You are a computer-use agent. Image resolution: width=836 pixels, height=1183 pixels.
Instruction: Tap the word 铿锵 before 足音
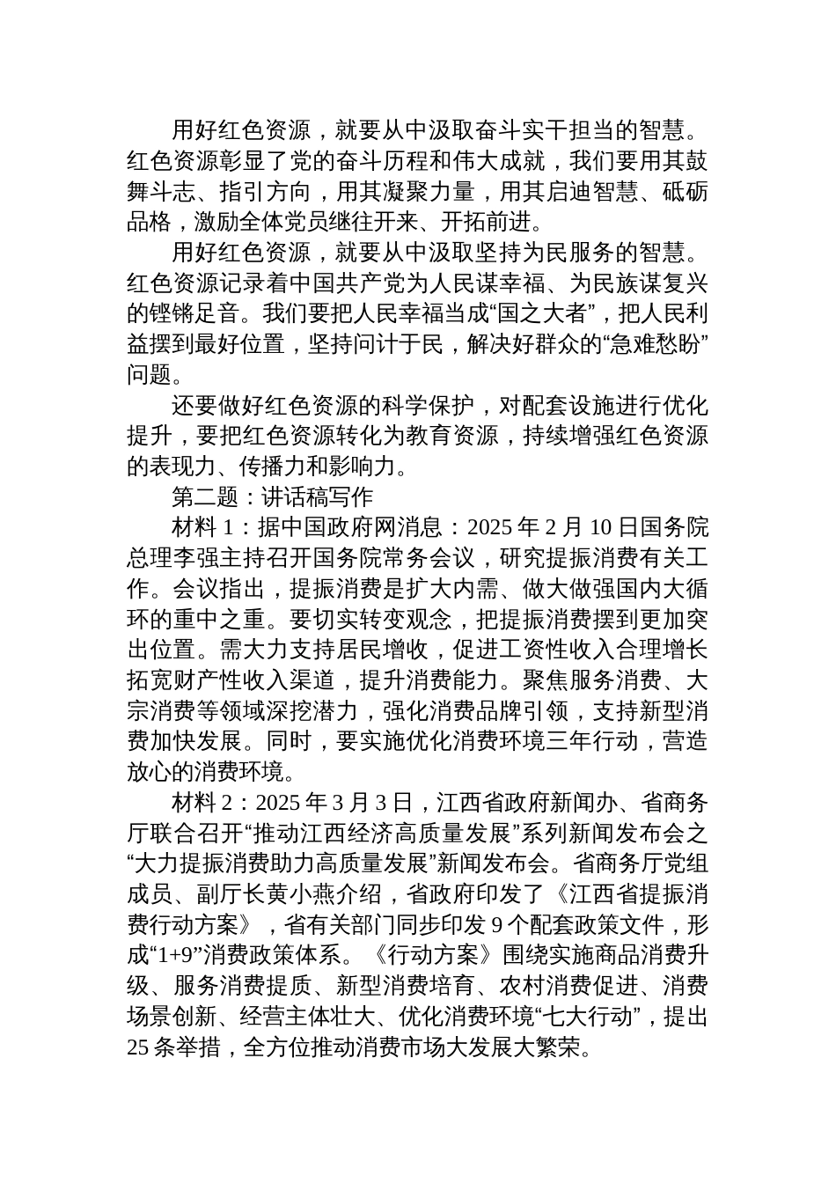171,314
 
